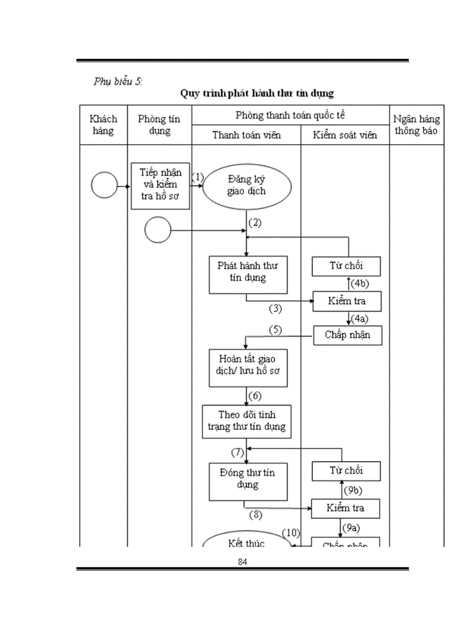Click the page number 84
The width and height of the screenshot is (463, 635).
[242, 561]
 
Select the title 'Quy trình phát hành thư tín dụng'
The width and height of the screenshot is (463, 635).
[257, 93]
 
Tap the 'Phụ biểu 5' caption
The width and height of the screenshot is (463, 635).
[118, 81]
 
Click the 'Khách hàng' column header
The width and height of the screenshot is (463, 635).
[103, 124]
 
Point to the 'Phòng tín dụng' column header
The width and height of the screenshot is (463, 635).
[159, 124]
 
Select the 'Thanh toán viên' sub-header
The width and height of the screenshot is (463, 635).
[246, 135]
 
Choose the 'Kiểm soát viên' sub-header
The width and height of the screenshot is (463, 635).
[345, 135]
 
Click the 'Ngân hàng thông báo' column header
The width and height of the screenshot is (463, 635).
[416, 125]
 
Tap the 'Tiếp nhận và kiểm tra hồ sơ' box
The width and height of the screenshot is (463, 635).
[160, 185]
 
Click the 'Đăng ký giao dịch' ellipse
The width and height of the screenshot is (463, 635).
[247, 185]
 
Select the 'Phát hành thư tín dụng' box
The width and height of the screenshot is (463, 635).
[247, 275]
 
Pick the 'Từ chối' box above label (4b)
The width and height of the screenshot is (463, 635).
[347, 266]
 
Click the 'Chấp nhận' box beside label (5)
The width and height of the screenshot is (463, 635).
[347, 335]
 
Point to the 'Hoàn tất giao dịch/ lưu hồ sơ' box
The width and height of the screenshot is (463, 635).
[247, 368]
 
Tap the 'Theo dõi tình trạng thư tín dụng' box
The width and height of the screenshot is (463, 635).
[247, 420]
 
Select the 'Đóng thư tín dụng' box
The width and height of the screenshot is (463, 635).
[247, 481]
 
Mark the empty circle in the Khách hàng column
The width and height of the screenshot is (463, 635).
[104, 185]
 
